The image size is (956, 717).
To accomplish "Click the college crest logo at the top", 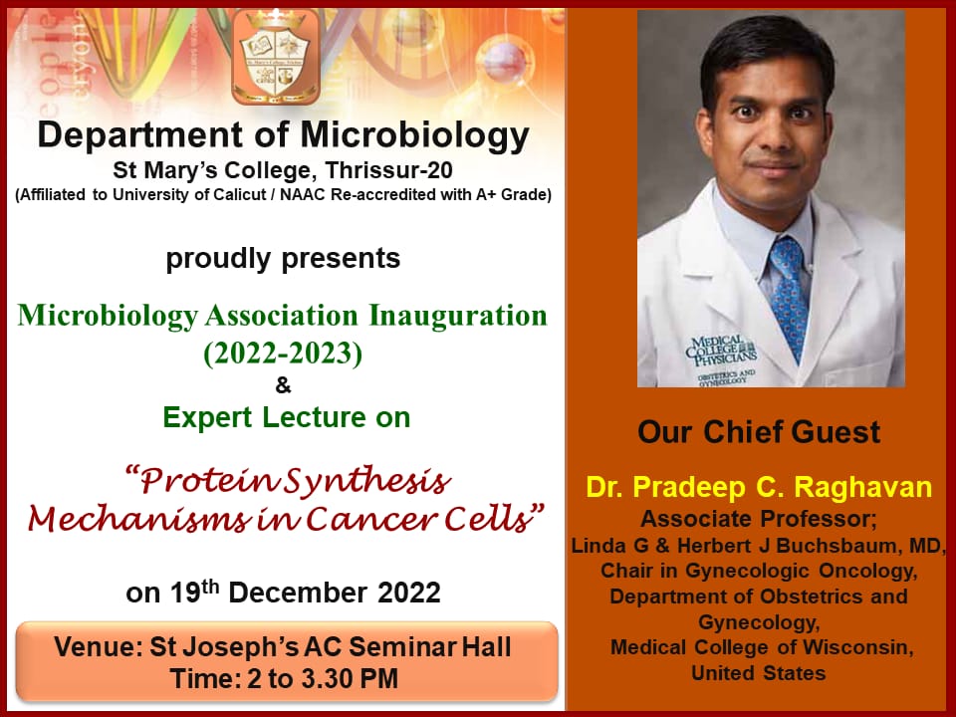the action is point(276,56).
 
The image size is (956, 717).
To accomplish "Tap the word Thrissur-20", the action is point(388,170).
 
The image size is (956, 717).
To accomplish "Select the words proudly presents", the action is point(283,259).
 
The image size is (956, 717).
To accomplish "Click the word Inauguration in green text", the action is point(458,316).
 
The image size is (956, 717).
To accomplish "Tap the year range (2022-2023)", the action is point(283,353).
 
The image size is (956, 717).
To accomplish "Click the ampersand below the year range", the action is point(283,385).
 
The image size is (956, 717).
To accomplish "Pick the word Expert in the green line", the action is point(208,418).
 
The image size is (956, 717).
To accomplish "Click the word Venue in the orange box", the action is point(98,647).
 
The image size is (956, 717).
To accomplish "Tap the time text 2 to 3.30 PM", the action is point(323,679).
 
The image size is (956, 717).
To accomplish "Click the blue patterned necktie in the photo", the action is point(789,297).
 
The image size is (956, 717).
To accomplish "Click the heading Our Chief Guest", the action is point(759,432).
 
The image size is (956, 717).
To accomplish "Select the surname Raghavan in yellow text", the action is point(862,487).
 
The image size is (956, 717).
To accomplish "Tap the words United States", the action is point(759,673).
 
